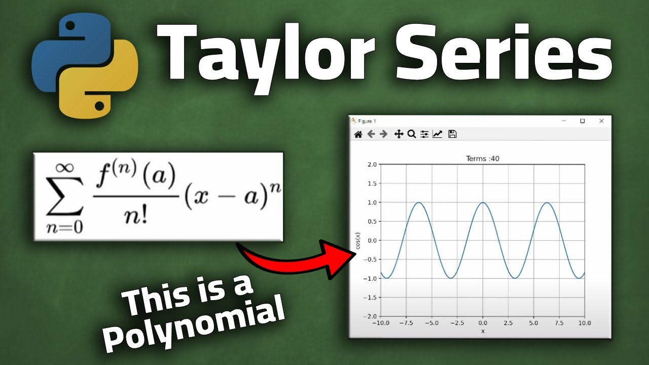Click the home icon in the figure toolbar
click(x=358, y=134)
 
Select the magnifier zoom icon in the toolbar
click(x=412, y=134)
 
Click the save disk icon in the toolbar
click(x=453, y=134)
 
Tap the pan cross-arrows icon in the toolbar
click(x=399, y=134)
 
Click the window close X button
click(x=601, y=121)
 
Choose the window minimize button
click(x=564, y=121)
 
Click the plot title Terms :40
click(x=482, y=159)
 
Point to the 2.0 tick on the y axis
click(x=372, y=164)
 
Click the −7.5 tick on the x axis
click(x=406, y=322)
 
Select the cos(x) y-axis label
click(x=358, y=241)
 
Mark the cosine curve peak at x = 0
click(x=483, y=203)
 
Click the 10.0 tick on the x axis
click(x=584, y=322)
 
